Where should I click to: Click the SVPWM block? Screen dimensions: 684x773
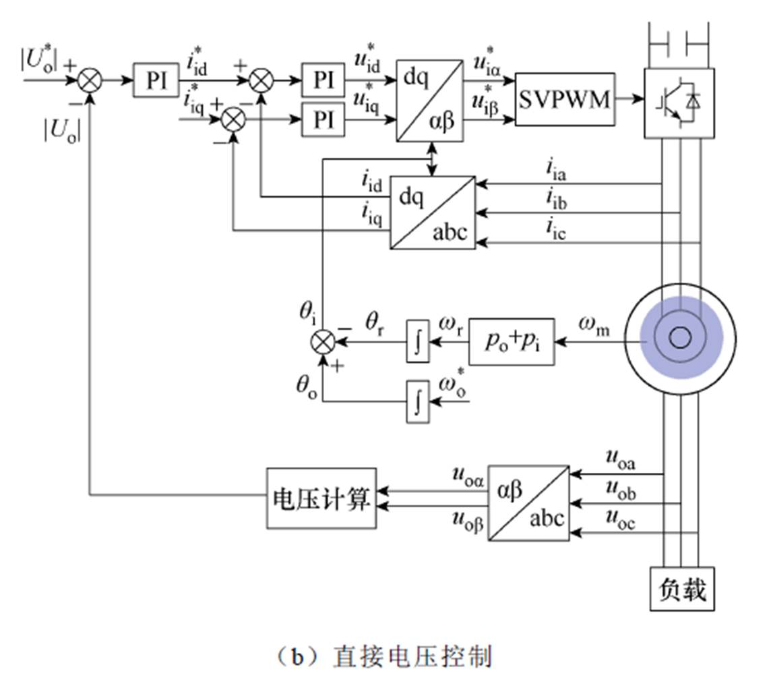[565, 99]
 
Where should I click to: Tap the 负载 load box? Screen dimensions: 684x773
[681, 588]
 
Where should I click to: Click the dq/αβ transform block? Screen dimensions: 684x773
[430, 101]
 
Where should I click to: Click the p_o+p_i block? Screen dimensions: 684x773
[512, 342]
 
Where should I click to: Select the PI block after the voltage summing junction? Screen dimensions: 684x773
[156, 80]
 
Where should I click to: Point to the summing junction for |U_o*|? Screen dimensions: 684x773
[89, 80]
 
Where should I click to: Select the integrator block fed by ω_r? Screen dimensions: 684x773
[418, 343]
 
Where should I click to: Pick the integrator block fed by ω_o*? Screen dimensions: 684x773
[418, 401]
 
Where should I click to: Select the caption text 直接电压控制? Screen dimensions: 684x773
[412, 656]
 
